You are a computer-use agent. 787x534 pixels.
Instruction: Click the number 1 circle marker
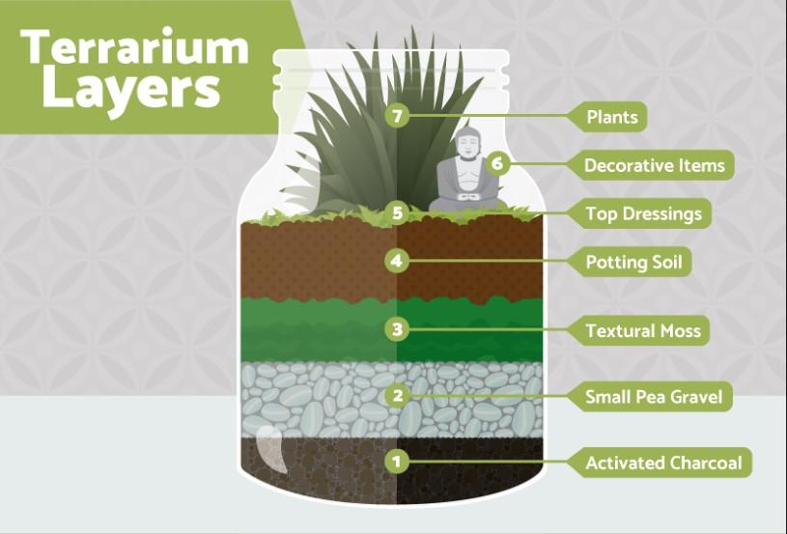tap(397, 462)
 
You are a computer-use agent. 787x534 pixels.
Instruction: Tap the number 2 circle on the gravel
tap(397, 396)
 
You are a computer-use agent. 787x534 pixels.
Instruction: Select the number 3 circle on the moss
tap(397, 329)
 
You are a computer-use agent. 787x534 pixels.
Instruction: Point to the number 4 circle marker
tap(397, 261)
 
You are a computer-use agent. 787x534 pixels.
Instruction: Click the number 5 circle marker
tap(397, 212)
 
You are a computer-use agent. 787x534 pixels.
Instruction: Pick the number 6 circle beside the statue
tap(497, 163)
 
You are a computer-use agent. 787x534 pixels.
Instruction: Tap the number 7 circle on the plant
tap(397, 116)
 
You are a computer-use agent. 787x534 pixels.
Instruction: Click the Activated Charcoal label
tap(663, 463)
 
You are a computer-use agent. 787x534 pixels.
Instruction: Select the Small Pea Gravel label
tap(654, 397)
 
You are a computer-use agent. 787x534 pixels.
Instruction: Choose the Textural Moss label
tap(642, 331)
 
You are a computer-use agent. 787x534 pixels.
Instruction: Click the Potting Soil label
tap(633, 262)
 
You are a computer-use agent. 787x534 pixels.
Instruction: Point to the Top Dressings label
tap(643, 213)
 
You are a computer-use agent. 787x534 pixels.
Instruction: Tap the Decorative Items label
tap(655, 165)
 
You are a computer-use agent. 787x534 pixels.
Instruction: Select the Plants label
tap(611, 117)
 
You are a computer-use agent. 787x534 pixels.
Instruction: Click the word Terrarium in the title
tap(134, 46)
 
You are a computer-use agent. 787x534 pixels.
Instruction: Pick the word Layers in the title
tap(131, 90)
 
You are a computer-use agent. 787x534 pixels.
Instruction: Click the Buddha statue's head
tap(467, 144)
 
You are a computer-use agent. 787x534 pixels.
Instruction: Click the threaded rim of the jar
tap(391, 74)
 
